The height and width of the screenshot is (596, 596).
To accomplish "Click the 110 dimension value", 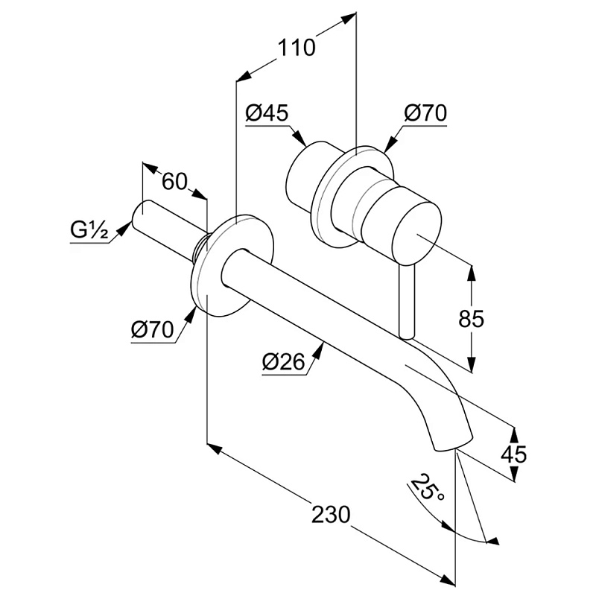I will coord(297,47).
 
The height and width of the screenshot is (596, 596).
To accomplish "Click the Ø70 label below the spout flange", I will coord(152,329).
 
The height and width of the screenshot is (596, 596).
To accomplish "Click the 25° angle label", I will coord(430,488).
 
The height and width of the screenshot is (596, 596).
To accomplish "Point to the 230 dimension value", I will coord(331,514).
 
